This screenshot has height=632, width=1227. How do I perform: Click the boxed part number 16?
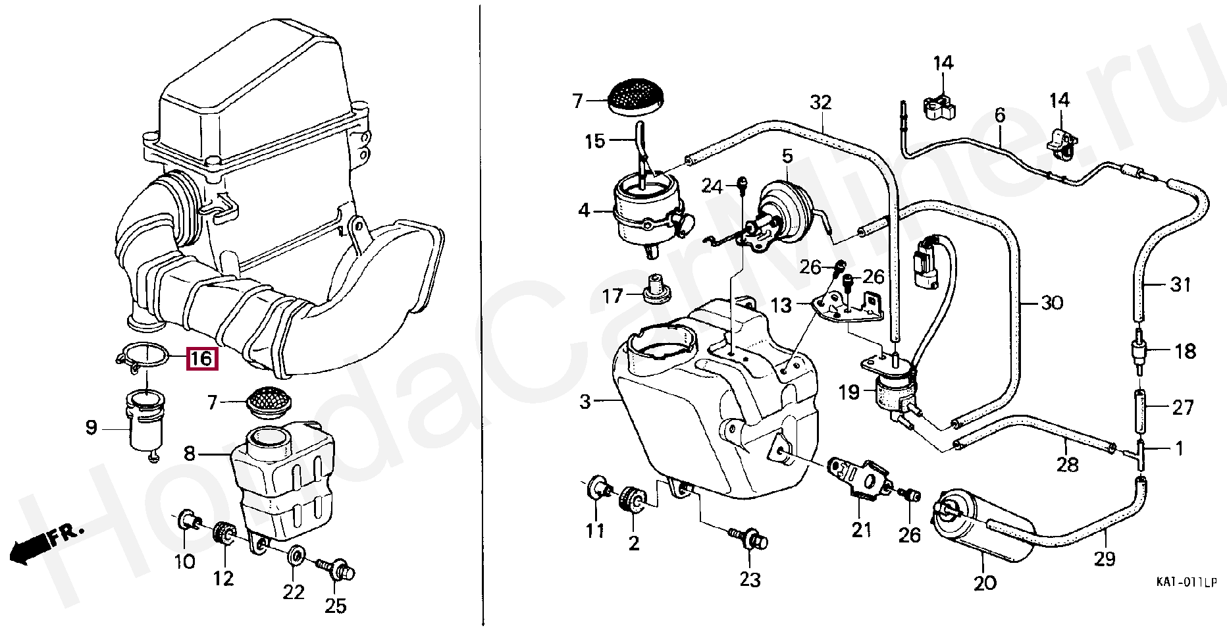tap(201, 359)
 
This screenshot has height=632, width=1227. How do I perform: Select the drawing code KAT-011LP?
tap(1187, 583)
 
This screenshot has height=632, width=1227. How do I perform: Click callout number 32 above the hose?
tap(821, 103)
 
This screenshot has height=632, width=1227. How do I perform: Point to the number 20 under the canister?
tap(985, 583)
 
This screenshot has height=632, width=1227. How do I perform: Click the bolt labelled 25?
tap(338, 570)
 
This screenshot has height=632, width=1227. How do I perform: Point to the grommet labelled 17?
tap(654, 289)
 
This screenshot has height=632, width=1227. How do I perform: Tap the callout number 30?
tap(1052, 303)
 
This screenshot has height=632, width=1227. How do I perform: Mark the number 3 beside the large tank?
tap(585, 402)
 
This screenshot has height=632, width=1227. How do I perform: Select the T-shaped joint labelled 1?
tap(1140, 453)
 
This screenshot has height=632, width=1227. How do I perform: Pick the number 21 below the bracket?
tap(861, 529)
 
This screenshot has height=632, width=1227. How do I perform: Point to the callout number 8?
tap(190, 454)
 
